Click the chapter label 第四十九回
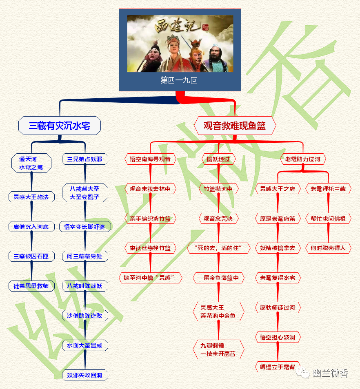(179, 80)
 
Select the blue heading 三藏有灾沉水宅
(60, 126)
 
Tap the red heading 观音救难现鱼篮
(235, 126)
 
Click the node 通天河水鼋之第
(31, 163)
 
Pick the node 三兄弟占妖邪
(85, 159)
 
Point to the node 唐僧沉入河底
(31, 226)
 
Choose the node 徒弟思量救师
(31, 286)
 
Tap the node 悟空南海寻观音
(150, 159)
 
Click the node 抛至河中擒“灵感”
(150, 278)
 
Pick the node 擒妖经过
(218, 159)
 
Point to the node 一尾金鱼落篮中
(218, 278)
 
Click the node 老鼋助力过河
(303, 159)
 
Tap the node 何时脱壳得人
(328, 248)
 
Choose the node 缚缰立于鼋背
(278, 367)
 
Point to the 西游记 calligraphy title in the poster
(179, 28)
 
